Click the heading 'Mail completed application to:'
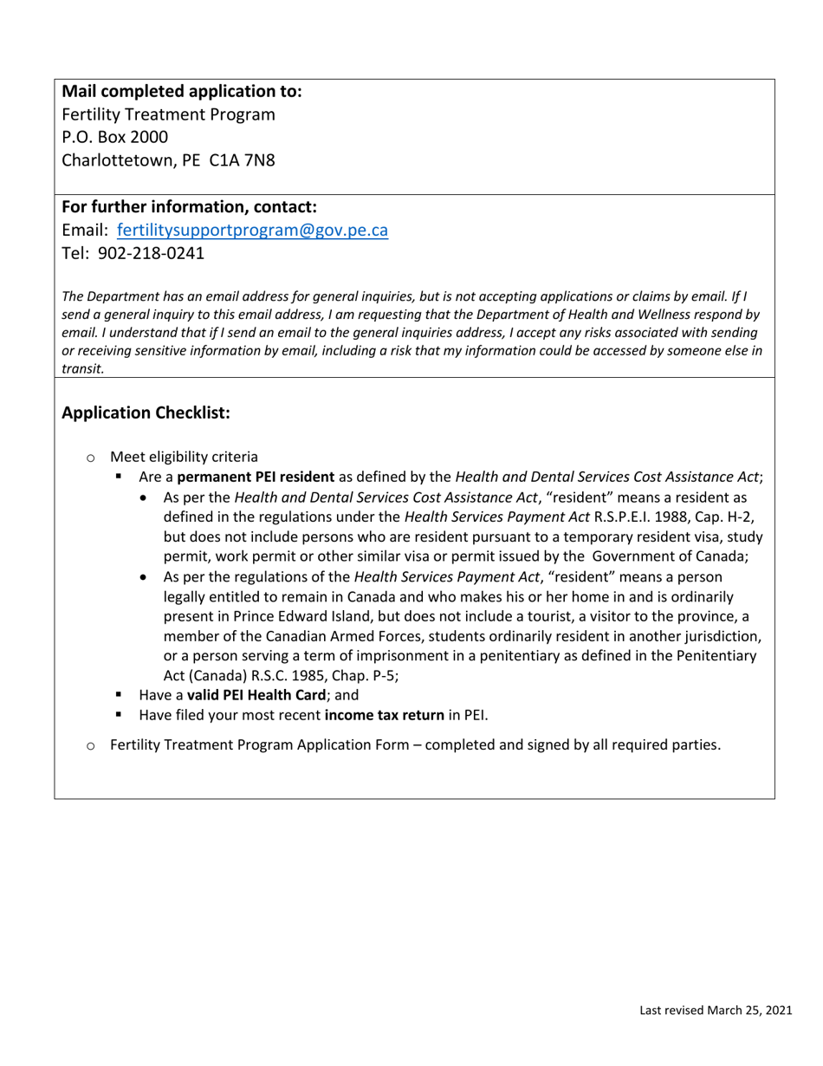pyautogui.click(x=182, y=91)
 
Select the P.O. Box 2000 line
pyautogui.click(x=115, y=137)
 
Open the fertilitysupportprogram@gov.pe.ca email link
pyautogui.click(x=252, y=231)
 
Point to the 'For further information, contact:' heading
pyautogui.click(x=189, y=207)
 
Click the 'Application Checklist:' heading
pyautogui.click(x=146, y=413)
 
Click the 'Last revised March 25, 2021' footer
pyautogui.click(x=716, y=1010)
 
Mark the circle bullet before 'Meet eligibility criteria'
pyautogui.click(x=90, y=458)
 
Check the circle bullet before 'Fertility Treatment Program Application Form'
pyautogui.click(x=90, y=745)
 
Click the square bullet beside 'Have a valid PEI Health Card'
pyautogui.click(x=120, y=695)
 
